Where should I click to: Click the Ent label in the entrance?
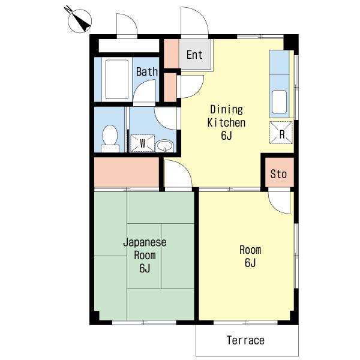coord(194,55)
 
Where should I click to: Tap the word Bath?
coord(147,71)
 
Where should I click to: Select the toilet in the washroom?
coord(110,139)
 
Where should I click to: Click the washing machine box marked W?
coord(142,143)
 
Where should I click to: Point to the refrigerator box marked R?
coord(281,133)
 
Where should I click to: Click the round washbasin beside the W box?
coord(164,146)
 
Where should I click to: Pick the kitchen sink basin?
coord(279,102)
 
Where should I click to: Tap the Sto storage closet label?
coord(278,174)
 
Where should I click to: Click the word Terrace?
coord(245,340)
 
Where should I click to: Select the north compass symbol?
coord(79,20)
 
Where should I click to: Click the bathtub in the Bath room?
coord(116,79)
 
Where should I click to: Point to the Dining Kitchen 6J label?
coord(226,122)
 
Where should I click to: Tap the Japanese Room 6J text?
coord(145,256)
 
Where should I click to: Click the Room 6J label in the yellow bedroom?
coord(250,256)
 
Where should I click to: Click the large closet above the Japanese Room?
coord(127,172)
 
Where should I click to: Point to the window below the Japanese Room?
coord(144,322)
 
